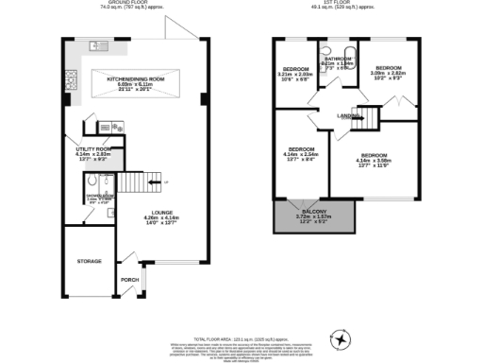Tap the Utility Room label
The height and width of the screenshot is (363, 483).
click(94, 149)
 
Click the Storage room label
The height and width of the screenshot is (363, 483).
click(90, 260)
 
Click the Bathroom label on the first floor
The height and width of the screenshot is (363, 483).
click(337, 58)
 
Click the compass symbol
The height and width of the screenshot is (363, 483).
click(341, 338)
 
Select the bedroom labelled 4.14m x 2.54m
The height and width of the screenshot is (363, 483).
click(301, 151)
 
